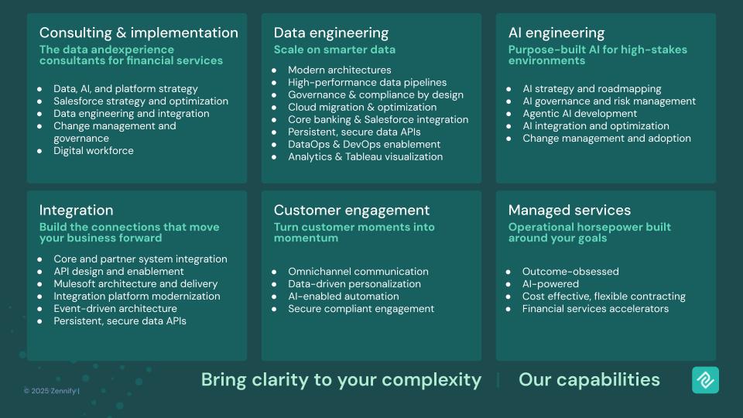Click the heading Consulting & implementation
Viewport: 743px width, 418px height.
coord(139,33)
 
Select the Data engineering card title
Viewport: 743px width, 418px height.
coord(331,33)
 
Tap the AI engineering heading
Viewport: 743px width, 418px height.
coord(556,33)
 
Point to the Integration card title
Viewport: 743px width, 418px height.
coord(77,211)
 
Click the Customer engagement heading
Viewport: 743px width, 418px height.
coord(351,211)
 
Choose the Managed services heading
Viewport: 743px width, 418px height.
coord(570,210)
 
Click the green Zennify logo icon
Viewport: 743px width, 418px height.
coord(706,380)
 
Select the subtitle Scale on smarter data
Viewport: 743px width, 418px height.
coord(334,50)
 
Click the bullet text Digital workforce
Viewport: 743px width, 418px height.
coord(94,151)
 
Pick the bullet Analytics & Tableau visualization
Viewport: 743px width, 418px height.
coord(365,157)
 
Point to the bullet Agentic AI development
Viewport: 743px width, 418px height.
coord(580,114)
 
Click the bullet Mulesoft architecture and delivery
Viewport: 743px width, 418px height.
coord(135,284)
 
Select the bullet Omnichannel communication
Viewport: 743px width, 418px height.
coord(358,272)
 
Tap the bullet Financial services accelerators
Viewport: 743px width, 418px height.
coord(596,309)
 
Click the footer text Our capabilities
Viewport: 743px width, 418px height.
coord(589,379)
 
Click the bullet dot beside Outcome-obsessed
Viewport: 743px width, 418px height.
coord(508,272)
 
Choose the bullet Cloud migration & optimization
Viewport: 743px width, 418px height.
coord(362,108)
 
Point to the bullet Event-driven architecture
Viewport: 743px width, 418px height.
coord(115,309)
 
